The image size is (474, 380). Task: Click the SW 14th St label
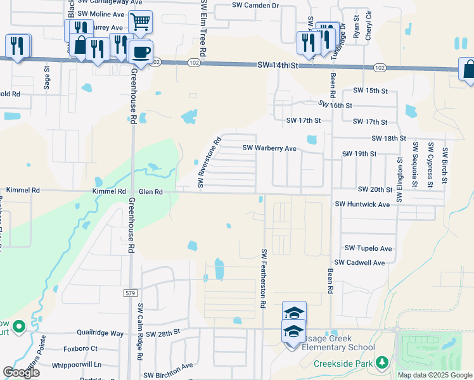tap(278, 66)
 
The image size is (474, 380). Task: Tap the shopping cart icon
tap(140, 23)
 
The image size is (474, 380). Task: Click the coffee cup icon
tap(141, 51)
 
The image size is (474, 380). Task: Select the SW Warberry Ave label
tap(270, 148)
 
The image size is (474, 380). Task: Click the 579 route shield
tap(131, 293)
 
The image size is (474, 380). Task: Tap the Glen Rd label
tap(151, 191)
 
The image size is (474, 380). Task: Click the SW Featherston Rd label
tap(263, 278)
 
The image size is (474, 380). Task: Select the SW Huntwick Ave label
tap(362, 205)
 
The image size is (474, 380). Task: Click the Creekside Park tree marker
tap(381, 362)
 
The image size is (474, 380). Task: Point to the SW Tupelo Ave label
tap(368, 248)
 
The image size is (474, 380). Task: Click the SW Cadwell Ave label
tap(360, 262)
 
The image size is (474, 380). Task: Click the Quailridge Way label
tap(99, 333)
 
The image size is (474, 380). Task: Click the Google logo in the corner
tap(21, 372)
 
